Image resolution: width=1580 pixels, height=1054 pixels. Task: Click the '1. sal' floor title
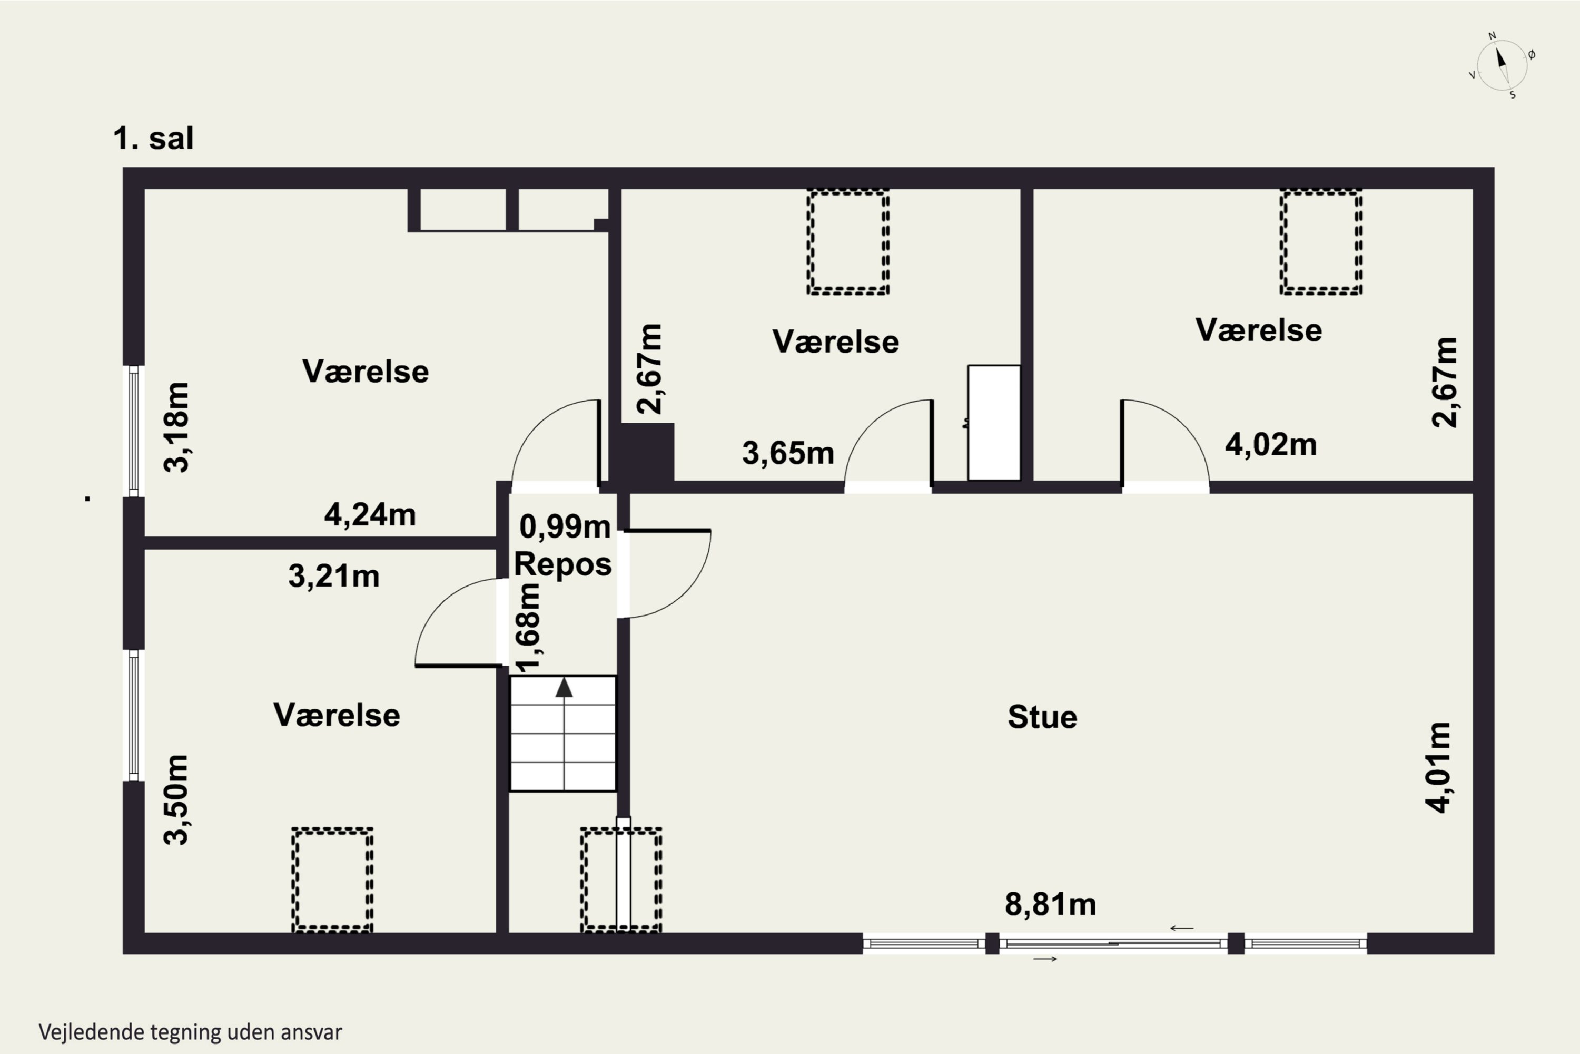[x=153, y=139]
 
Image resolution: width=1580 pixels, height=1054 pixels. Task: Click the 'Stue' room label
[x=1042, y=717]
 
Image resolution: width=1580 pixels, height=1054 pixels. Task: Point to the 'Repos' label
[x=563, y=564]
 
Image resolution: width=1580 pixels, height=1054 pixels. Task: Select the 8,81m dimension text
[x=1050, y=905]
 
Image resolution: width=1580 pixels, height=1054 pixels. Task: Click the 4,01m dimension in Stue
[x=1439, y=768]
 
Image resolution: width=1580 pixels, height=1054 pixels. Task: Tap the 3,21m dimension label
[x=334, y=577]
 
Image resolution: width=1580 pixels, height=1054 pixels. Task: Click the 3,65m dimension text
[x=788, y=454]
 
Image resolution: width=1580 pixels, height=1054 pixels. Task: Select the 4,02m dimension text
[x=1271, y=445]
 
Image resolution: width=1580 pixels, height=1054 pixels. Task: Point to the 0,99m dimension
[x=565, y=527]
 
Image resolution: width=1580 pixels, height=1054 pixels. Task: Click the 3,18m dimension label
[x=176, y=427]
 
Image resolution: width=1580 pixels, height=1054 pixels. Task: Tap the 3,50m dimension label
[x=176, y=800]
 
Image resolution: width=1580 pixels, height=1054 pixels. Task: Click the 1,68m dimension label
[x=528, y=628]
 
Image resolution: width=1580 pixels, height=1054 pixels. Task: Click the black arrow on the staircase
[x=564, y=688]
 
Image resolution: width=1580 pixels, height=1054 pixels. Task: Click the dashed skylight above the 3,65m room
[x=848, y=242]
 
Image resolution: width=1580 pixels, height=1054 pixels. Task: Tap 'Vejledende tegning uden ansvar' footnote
[x=190, y=1032]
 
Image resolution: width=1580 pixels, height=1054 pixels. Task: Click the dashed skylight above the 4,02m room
[x=1321, y=242]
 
